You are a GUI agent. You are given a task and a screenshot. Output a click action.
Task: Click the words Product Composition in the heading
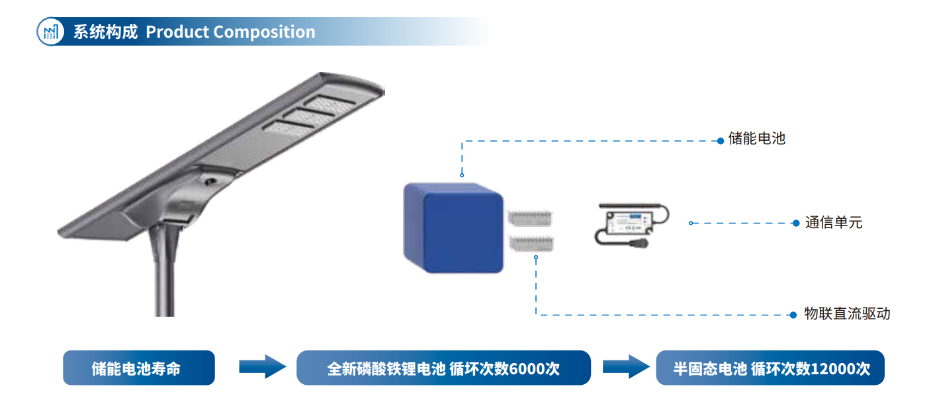click(x=230, y=32)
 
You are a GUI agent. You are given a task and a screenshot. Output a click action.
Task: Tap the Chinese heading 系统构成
click(x=105, y=32)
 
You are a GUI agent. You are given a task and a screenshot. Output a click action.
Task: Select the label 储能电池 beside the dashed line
click(x=756, y=139)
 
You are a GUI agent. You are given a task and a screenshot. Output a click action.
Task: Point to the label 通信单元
click(x=834, y=223)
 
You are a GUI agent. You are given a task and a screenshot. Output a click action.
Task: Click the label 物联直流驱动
click(x=847, y=314)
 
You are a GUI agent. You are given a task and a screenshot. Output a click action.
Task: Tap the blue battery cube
click(x=453, y=228)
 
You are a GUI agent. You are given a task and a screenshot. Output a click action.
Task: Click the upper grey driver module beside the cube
click(x=531, y=219)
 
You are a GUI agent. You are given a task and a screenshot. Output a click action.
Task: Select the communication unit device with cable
click(x=630, y=225)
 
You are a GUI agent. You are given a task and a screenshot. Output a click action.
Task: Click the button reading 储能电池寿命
click(x=139, y=368)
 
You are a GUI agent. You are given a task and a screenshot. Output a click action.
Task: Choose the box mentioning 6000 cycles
click(x=443, y=368)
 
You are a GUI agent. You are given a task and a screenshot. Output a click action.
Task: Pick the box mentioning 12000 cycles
click(x=770, y=368)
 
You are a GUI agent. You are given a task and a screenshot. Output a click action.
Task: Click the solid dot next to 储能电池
click(x=721, y=141)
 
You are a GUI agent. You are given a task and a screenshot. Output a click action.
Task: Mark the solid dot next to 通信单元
click(x=796, y=223)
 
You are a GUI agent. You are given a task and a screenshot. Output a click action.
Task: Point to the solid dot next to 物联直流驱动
click(x=794, y=315)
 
